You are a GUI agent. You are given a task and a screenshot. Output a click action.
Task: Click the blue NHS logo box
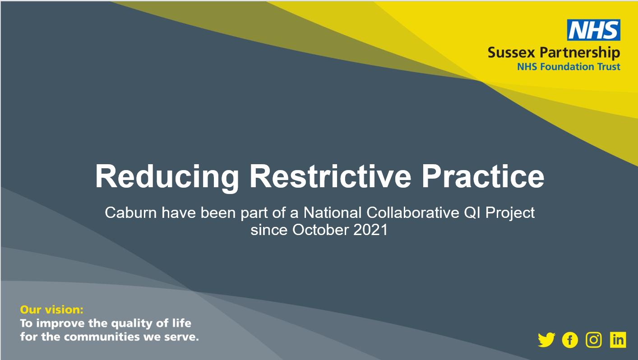(x=594, y=30)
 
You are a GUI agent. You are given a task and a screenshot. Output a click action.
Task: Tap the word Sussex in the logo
(x=512, y=53)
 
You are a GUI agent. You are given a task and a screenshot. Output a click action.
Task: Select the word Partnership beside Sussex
(x=580, y=53)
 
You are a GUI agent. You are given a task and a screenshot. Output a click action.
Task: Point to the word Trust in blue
(x=609, y=67)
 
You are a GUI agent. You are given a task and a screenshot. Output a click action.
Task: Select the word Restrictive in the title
(x=330, y=176)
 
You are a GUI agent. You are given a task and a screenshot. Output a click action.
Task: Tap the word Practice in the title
(x=483, y=176)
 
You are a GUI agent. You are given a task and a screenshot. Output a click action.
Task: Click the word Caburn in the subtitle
(x=131, y=212)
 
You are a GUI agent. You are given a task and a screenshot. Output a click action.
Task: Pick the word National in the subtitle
(x=333, y=212)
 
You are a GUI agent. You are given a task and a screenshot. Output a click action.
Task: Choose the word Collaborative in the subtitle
(x=413, y=212)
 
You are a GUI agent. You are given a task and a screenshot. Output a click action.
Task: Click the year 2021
(x=370, y=230)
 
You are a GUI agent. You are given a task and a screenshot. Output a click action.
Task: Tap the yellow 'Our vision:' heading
(x=52, y=309)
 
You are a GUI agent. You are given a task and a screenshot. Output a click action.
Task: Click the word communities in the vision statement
(x=102, y=337)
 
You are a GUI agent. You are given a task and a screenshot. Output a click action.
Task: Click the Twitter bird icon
(x=546, y=340)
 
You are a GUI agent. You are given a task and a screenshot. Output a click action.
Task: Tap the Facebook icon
(x=570, y=340)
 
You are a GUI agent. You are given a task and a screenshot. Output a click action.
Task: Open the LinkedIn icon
(x=618, y=340)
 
